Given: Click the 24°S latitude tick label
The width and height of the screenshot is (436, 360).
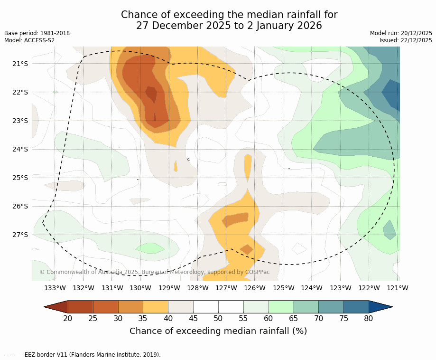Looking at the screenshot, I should [x=20, y=149].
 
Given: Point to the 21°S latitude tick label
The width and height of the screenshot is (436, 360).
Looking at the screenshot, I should [x=20, y=64].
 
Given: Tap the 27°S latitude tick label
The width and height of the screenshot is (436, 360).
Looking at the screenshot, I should [x=20, y=235].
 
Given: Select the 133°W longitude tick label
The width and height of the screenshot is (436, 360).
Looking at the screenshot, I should [x=55, y=288].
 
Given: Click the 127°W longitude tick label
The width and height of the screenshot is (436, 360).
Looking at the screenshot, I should [x=226, y=288].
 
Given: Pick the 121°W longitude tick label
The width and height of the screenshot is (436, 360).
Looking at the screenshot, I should [x=398, y=288].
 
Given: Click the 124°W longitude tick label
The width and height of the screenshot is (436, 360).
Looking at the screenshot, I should [x=312, y=288].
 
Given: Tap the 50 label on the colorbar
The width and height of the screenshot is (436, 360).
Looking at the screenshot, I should [x=218, y=318].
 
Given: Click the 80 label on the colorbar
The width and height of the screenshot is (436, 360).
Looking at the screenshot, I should [x=369, y=318].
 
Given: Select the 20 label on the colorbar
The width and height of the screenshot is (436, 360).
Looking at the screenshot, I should [x=68, y=318].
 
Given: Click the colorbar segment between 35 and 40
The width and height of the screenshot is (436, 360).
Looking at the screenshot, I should [x=156, y=307].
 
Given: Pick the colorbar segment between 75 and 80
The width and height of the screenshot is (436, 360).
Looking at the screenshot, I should [x=356, y=307].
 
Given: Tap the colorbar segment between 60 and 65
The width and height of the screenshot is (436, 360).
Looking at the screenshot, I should [x=281, y=307].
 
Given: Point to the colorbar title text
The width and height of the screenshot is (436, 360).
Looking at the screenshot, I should [x=218, y=331].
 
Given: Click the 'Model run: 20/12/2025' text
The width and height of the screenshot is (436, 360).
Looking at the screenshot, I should [x=401, y=33].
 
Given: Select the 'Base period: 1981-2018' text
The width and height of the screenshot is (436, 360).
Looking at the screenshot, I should [x=37, y=33].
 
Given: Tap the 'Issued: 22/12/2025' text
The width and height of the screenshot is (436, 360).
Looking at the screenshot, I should [x=406, y=40].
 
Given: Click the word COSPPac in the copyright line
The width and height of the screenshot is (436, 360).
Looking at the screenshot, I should [x=257, y=272].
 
